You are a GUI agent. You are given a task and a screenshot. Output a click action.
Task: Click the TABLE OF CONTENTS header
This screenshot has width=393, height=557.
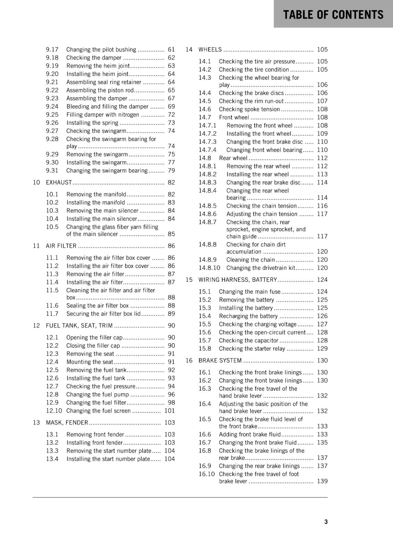point(333,15)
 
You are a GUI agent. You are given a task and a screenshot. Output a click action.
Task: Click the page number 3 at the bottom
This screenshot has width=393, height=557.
point(326,521)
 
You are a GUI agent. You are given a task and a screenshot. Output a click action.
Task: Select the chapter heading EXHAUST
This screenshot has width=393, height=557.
point(59,182)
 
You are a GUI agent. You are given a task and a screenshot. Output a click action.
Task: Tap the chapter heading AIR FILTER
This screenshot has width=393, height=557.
point(61,246)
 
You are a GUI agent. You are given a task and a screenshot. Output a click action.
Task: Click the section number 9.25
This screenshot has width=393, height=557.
point(52,115)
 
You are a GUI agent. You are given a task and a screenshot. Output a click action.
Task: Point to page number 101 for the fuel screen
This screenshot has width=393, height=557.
point(169,411)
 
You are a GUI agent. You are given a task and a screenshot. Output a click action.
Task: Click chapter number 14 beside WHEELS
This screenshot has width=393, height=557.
point(189,49)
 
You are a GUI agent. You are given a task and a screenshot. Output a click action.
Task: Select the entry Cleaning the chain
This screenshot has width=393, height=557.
point(250,260)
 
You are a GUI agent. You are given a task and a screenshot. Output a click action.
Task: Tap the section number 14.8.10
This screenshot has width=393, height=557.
point(209,268)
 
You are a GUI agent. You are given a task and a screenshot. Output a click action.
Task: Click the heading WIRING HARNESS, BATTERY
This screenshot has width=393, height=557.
point(238,280)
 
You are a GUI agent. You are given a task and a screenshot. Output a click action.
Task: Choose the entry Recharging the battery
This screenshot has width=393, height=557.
point(248,316)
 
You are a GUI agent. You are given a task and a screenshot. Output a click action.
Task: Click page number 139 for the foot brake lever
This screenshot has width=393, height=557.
point(322,481)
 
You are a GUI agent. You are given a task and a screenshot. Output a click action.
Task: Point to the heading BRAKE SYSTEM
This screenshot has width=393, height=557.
point(220,361)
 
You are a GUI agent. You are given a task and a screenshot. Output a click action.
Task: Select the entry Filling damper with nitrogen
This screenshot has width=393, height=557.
point(103,115)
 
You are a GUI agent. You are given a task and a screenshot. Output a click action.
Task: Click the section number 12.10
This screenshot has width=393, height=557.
point(54,411)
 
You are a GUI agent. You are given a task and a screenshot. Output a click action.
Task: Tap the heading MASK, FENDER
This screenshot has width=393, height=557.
point(67,423)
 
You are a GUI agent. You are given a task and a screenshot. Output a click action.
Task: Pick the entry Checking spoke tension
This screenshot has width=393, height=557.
point(249,109)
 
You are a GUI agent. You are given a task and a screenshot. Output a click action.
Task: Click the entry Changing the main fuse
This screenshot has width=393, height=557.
point(249,292)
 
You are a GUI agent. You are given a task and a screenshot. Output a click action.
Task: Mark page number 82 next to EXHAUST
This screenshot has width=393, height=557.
point(171,182)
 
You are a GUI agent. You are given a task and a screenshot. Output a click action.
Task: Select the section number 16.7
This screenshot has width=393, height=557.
point(205,442)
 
